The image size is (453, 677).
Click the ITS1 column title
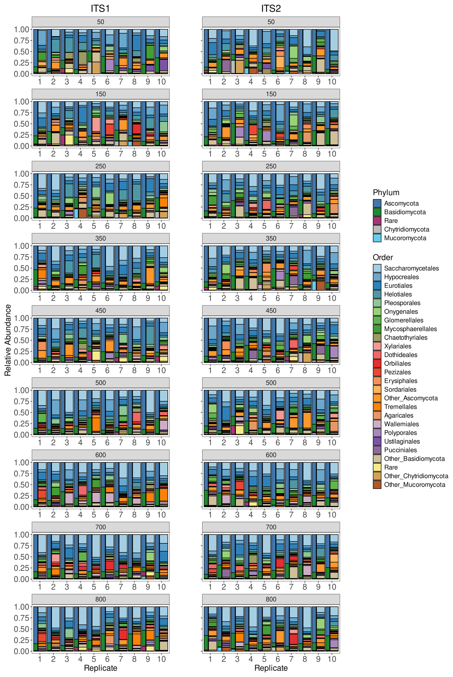click(100, 9)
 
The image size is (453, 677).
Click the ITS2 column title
click(271, 9)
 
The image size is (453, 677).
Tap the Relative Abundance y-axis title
click(8, 340)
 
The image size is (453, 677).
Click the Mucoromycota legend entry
click(405, 238)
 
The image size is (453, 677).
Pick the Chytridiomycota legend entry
click(406, 229)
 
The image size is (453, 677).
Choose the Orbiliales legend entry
click(397, 363)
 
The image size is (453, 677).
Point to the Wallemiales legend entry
click(401, 424)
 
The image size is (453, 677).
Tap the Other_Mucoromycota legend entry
click(414, 485)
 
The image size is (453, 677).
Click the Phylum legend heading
click(386, 193)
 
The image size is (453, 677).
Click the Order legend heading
click(383, 257)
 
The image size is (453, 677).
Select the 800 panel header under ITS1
click(101, 599)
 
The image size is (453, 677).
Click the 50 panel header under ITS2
click(271, 22)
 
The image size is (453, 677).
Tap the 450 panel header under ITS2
click(271, 310)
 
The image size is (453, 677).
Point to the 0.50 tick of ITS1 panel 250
click(22, 196)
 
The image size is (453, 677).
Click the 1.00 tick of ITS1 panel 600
click(22, 463)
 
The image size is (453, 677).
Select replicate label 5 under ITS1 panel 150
click(94, 154)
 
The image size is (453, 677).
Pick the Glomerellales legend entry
click(403, 320)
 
